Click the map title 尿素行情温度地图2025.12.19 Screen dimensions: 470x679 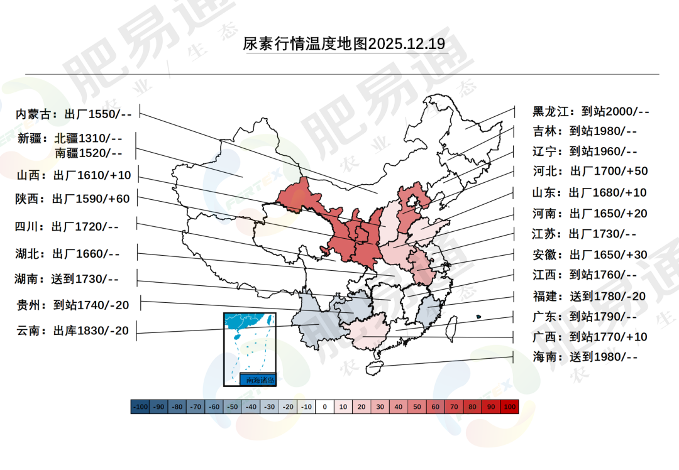coord(345,44)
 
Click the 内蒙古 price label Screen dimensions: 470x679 coord(74,114)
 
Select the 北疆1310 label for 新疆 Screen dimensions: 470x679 coord(88,138)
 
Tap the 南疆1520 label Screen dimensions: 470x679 coord(88,152)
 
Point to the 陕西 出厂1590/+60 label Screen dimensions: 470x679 coord(72,199)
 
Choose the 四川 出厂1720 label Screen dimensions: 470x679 coord(67,226)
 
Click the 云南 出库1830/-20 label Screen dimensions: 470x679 coord(72,331)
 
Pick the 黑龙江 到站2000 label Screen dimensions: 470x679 coord(590,112)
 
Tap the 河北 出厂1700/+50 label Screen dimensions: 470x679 coord(590,171)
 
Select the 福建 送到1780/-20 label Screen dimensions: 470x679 coord(589,296)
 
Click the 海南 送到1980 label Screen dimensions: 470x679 coord(585,357)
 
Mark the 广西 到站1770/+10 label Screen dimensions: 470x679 coord(590,337)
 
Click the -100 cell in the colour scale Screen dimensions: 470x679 coord(140,407)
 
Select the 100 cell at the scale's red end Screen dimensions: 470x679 coord(510,407)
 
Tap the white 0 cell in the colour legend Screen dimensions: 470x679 coord(325,407)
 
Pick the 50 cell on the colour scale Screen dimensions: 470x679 coord(417,407)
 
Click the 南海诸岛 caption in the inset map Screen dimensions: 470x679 coord(258,380)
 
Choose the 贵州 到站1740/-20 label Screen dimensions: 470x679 coord(73,305)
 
